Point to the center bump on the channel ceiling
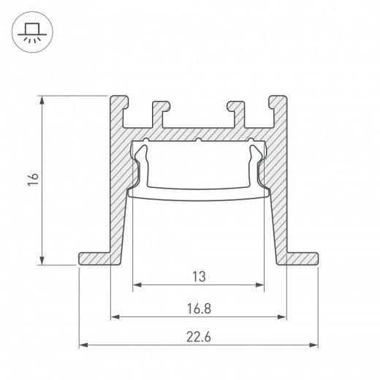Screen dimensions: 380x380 197,139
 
